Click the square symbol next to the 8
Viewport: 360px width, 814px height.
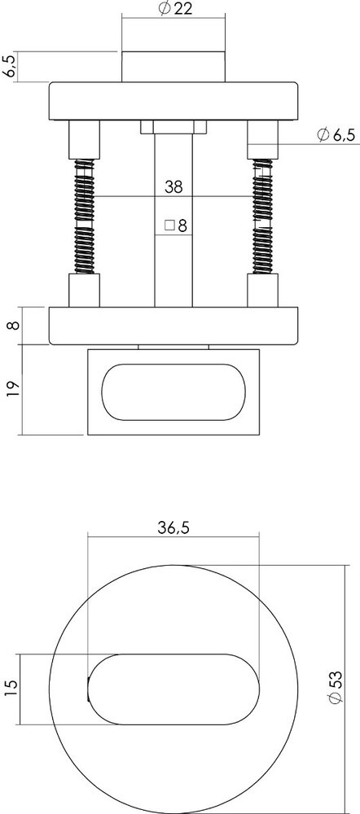[169, 225]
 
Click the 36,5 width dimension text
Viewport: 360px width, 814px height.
[173, 527]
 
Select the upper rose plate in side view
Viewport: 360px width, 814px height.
[173, 101]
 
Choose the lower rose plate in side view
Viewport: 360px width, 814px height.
[173, 328]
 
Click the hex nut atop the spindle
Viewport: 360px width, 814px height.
[173, 127]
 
